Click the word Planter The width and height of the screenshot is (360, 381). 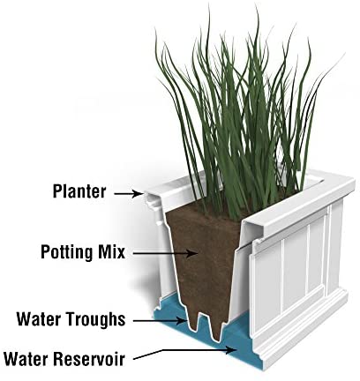pos(79,191)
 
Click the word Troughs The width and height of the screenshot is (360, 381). pos(96,319)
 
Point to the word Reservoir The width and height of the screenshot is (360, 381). pos(89,359)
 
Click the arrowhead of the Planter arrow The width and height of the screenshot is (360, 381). pos(138,193)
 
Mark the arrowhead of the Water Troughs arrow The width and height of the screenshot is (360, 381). pos(183,321)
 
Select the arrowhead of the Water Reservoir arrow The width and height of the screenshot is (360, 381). pos(232,350)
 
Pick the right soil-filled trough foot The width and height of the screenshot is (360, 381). pos(217,328)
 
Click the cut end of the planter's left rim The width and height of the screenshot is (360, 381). pos(153,202)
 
